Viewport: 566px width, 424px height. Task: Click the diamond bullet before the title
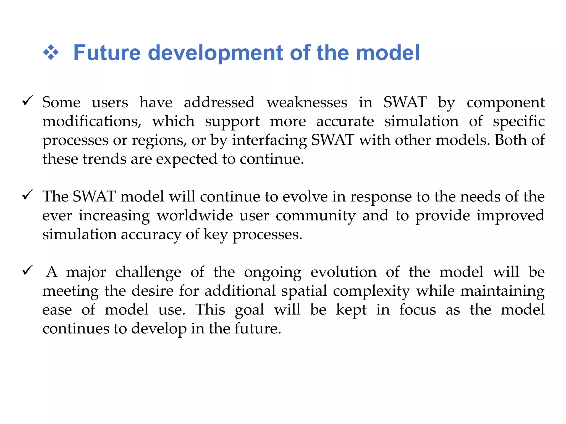pos(51,52)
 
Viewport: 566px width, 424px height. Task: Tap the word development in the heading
pos(216,53)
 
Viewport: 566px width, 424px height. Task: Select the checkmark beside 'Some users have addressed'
pos(28,100)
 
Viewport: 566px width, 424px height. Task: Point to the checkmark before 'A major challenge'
pos(28,270)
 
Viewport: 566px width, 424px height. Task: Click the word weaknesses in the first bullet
pos(307,102)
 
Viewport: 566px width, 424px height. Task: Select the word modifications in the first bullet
pos(91,121)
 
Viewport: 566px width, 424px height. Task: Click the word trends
pos(104,159)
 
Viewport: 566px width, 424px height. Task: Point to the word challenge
pos(148,272)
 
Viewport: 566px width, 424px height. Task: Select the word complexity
pos(371,291)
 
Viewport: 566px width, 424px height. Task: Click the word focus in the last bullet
pos(417,310)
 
